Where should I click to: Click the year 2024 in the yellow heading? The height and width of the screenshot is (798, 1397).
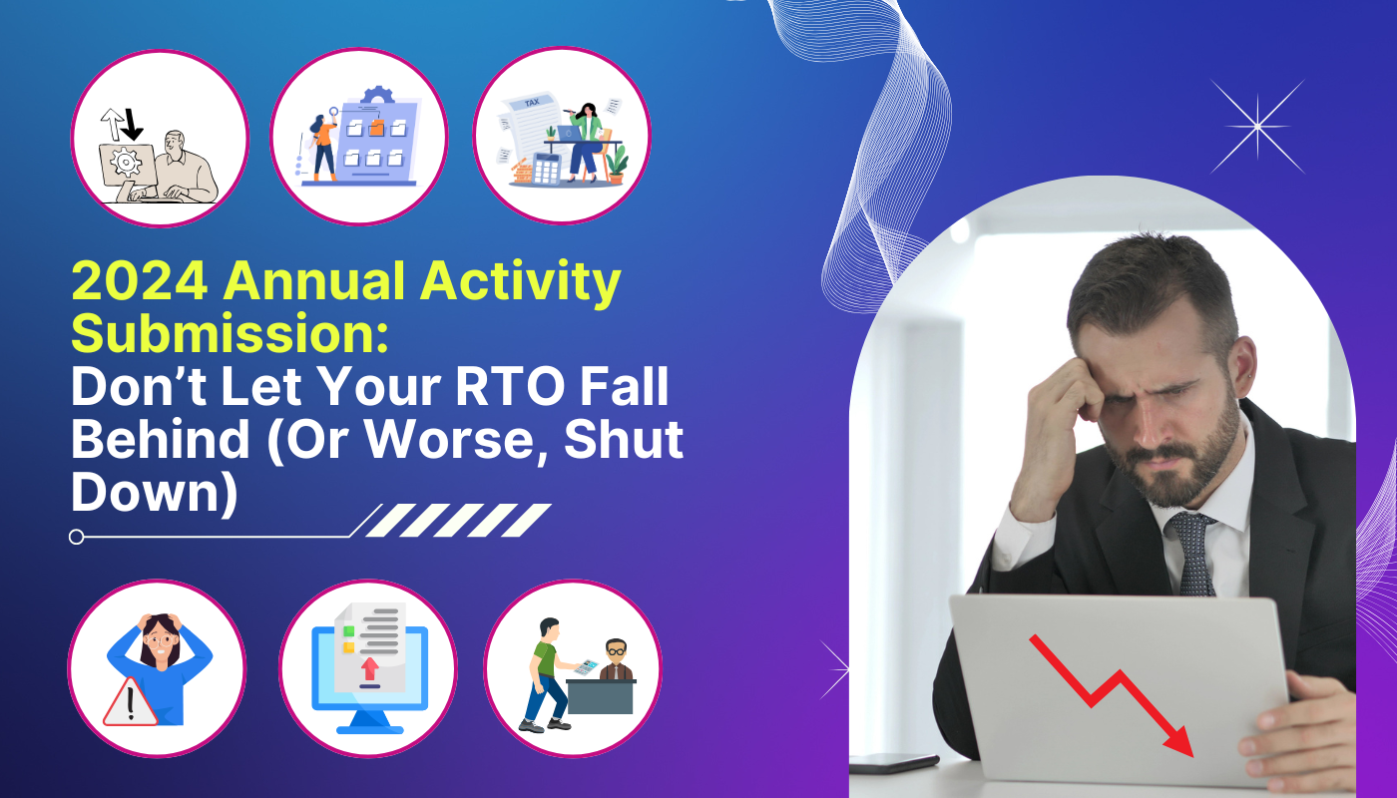[140, 281]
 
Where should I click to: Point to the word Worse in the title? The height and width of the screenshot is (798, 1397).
[450, 440]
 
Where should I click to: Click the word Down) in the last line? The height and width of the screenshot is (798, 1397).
[154, 494]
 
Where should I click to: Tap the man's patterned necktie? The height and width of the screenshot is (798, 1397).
[1192, 554]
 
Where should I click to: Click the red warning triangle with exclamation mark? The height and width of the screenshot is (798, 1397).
[130, 703]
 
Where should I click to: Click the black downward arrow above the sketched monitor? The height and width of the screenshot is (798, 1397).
[132, 125]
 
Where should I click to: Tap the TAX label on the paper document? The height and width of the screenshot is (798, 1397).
[531, 102]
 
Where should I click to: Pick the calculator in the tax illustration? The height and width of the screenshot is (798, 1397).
[547, 169]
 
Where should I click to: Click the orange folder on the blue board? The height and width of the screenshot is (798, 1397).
[377, 128]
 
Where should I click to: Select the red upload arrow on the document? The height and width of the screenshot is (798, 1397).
[370, 668]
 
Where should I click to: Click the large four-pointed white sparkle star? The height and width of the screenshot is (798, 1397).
[1257, 127]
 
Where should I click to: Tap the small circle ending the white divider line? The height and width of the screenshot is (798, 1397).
[76, 537]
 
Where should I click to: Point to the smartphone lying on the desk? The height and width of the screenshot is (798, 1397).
[894, 762]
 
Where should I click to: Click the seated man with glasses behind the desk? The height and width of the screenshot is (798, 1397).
[617, 659]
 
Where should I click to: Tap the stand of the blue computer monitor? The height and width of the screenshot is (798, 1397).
[370, 722]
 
